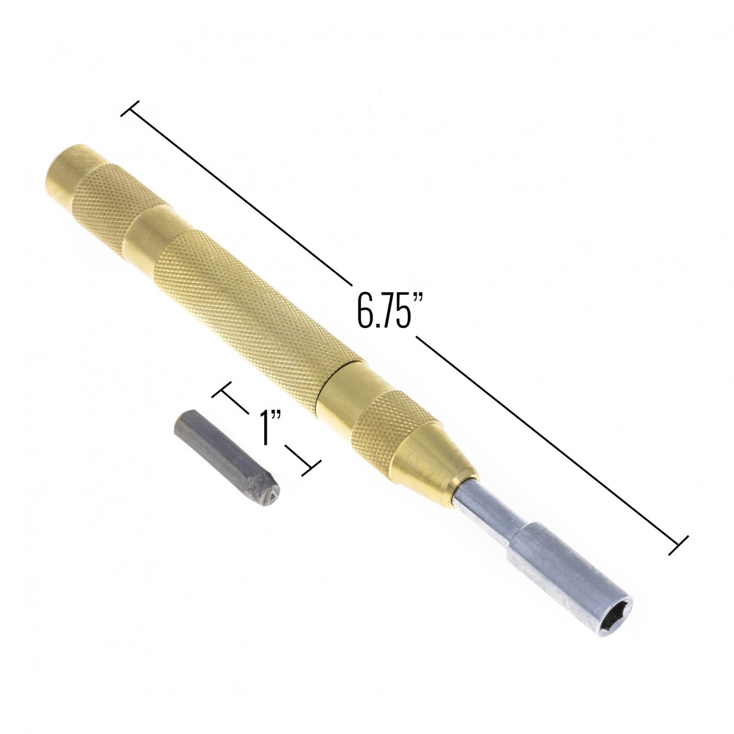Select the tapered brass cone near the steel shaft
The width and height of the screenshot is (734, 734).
[434, 469]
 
